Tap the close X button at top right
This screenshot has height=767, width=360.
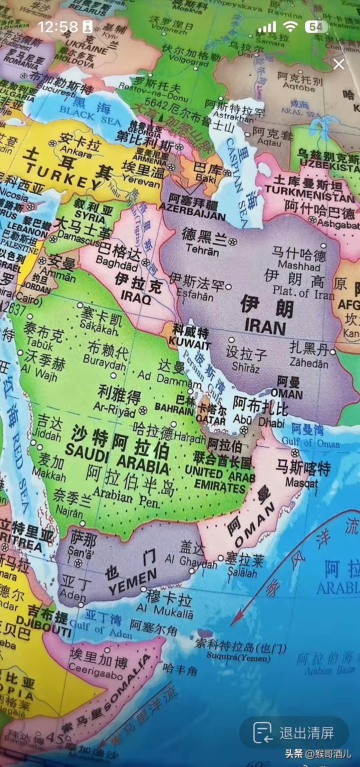(x=339, y=64)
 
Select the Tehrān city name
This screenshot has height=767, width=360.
(x=202, y=250)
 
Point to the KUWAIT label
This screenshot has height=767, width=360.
(x=189, y=343)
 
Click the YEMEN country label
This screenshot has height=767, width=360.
(x=133, y=581)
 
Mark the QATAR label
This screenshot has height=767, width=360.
(x=211, y=420)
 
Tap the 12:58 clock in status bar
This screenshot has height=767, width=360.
(x=58, y=27)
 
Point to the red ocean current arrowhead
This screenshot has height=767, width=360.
(x=236, y=620)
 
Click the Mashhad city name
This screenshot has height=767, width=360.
(x=299, y=266)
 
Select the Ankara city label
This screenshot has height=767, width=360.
(x=76, y=152)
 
